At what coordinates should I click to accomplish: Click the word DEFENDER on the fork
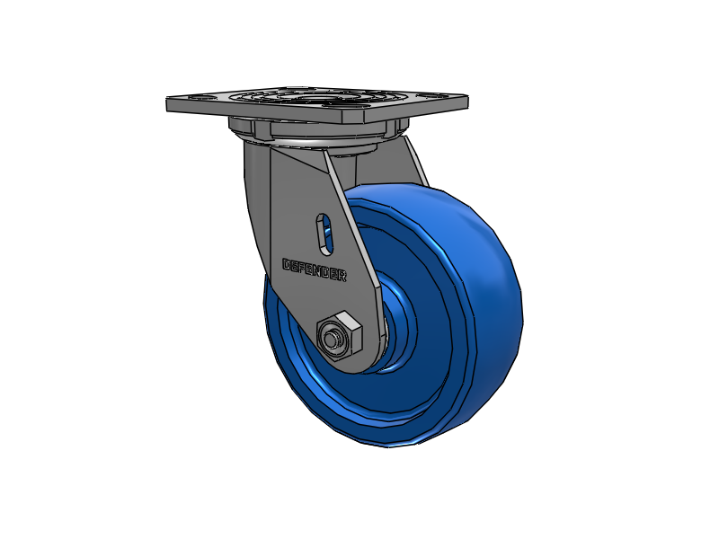pos(315,270)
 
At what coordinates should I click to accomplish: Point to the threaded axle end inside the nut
pos(334,340)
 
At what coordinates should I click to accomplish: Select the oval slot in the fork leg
pos(324,232)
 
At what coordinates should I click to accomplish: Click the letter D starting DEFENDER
pos(287,265)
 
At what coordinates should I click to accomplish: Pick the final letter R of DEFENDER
pos(342,277)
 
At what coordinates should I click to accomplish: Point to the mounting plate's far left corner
pos(169,102)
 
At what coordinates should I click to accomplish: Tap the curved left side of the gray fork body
pos(256,207)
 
